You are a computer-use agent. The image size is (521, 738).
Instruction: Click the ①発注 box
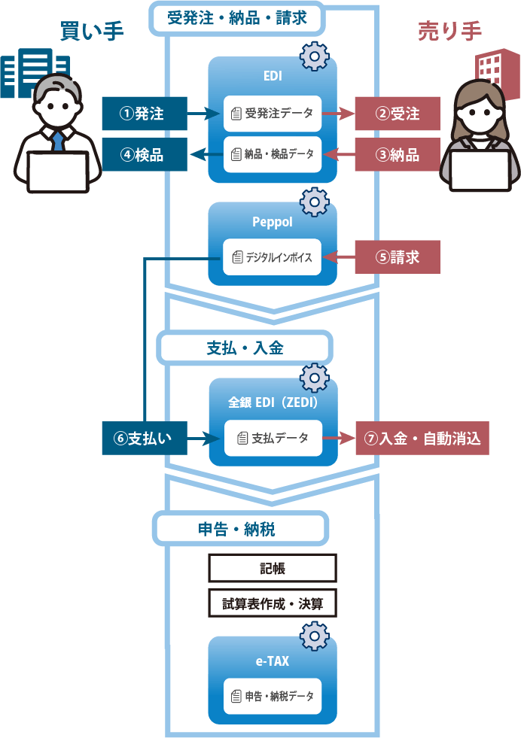[144, 114]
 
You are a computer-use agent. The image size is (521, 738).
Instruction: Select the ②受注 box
[398, 114]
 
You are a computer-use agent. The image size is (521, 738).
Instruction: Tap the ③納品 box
[398, 155]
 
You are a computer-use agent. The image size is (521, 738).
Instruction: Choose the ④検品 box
[144, 155]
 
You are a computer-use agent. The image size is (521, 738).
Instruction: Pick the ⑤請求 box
[398, 257]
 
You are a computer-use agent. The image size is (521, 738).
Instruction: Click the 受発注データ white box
[272, 114]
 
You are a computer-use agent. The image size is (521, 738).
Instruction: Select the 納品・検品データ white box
[272, 155]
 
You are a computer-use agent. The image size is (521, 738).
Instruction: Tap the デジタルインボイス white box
[272, 257]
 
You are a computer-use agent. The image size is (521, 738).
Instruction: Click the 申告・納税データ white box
[272, 697]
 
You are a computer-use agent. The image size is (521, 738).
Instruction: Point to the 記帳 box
[272, 569]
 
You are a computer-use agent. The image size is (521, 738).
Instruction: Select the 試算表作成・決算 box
[272, 603]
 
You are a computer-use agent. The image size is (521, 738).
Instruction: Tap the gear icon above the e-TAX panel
[314, 636]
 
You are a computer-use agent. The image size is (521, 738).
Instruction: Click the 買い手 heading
[92, 32]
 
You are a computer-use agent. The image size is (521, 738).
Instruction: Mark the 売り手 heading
[449, 32]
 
